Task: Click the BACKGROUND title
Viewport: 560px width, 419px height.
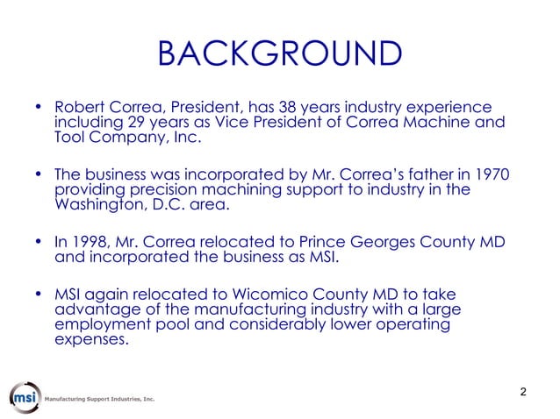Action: coord(280,54)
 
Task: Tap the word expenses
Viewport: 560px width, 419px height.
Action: coord(90,341)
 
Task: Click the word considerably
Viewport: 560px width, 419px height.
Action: coord(289,325)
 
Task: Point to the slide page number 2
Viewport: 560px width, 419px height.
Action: coord(523,391)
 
